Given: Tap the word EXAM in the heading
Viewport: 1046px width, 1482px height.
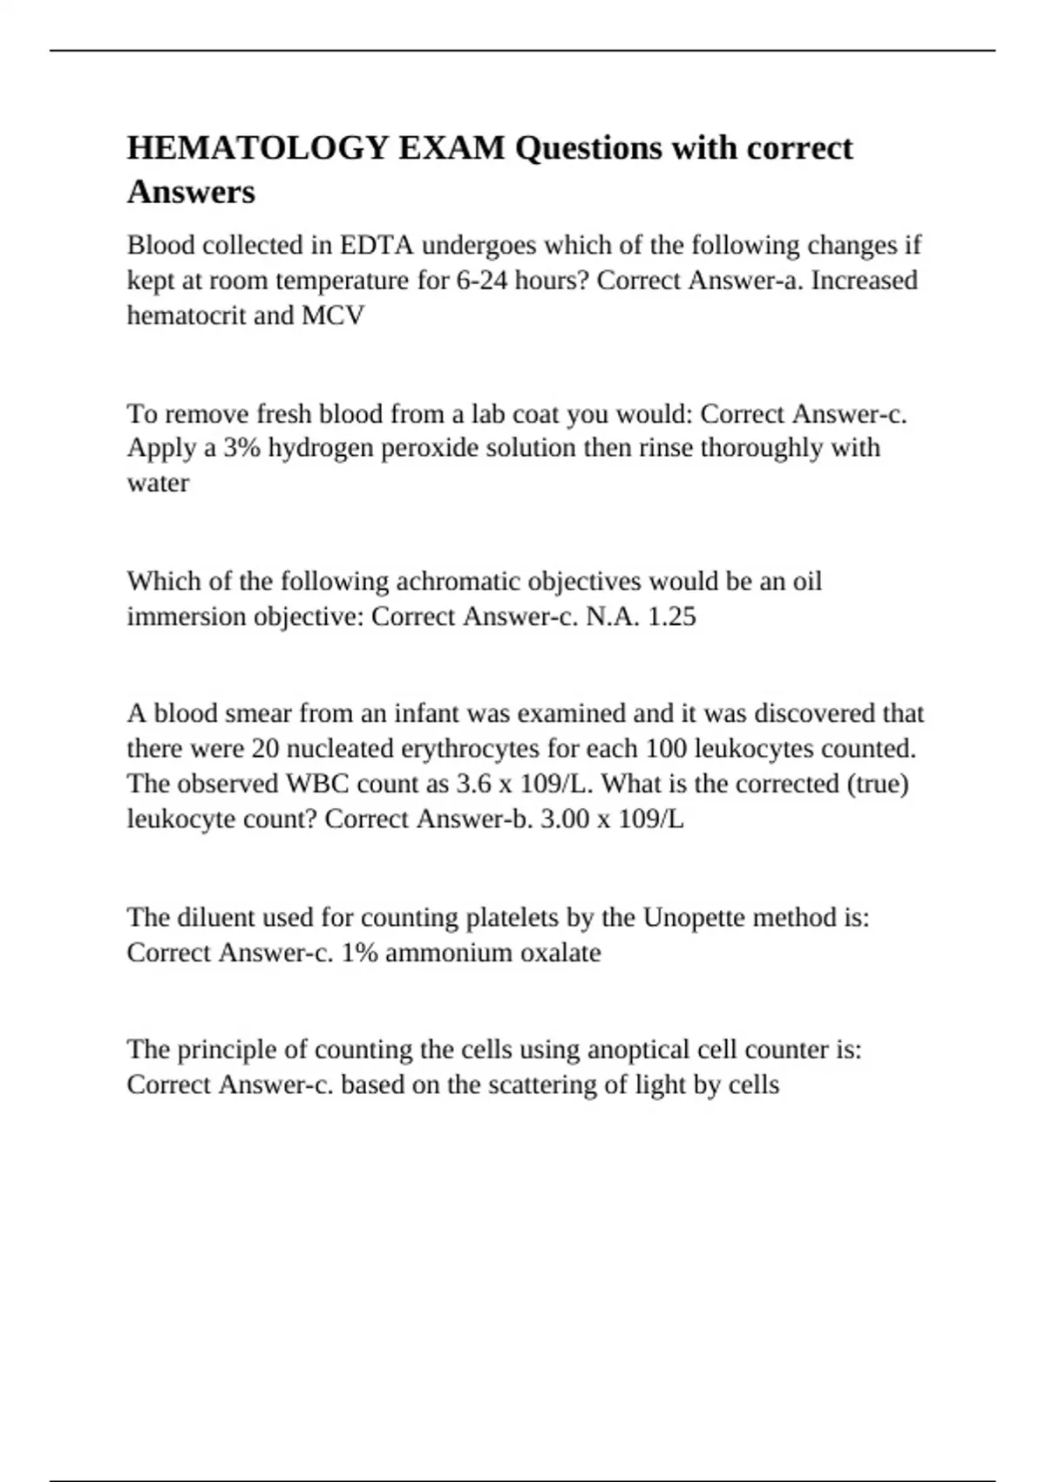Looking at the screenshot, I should pyautogui.click(x=452, y=149).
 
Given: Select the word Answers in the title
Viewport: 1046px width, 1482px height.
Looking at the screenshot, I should pyautogui.click(x=191, y=192).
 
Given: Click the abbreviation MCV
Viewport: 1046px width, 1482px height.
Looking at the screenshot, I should pyautogui.click(x=333, y=316).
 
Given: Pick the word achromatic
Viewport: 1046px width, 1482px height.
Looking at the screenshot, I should pyautogui.click(x=458, y=581).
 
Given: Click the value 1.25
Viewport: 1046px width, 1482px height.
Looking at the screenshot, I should pyautogui.click(x=672, y=616).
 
